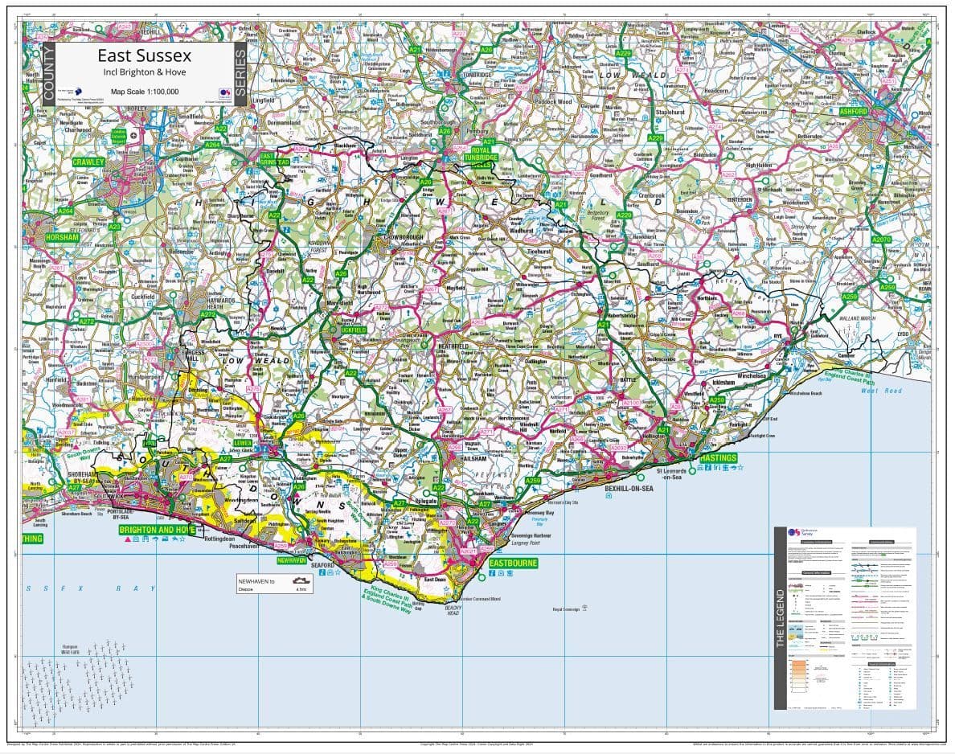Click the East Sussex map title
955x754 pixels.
click(145, 55)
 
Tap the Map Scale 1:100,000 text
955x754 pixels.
click(145, 92)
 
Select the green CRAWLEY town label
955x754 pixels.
click(88, 162)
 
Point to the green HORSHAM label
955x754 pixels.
click(62, 238)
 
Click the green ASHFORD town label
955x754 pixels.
click(853, 112)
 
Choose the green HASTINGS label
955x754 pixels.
click(717, 457)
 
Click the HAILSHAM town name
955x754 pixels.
click(473, 458)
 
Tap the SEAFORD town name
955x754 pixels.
click(322, 565)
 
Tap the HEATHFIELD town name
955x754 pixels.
click(453, 346)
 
